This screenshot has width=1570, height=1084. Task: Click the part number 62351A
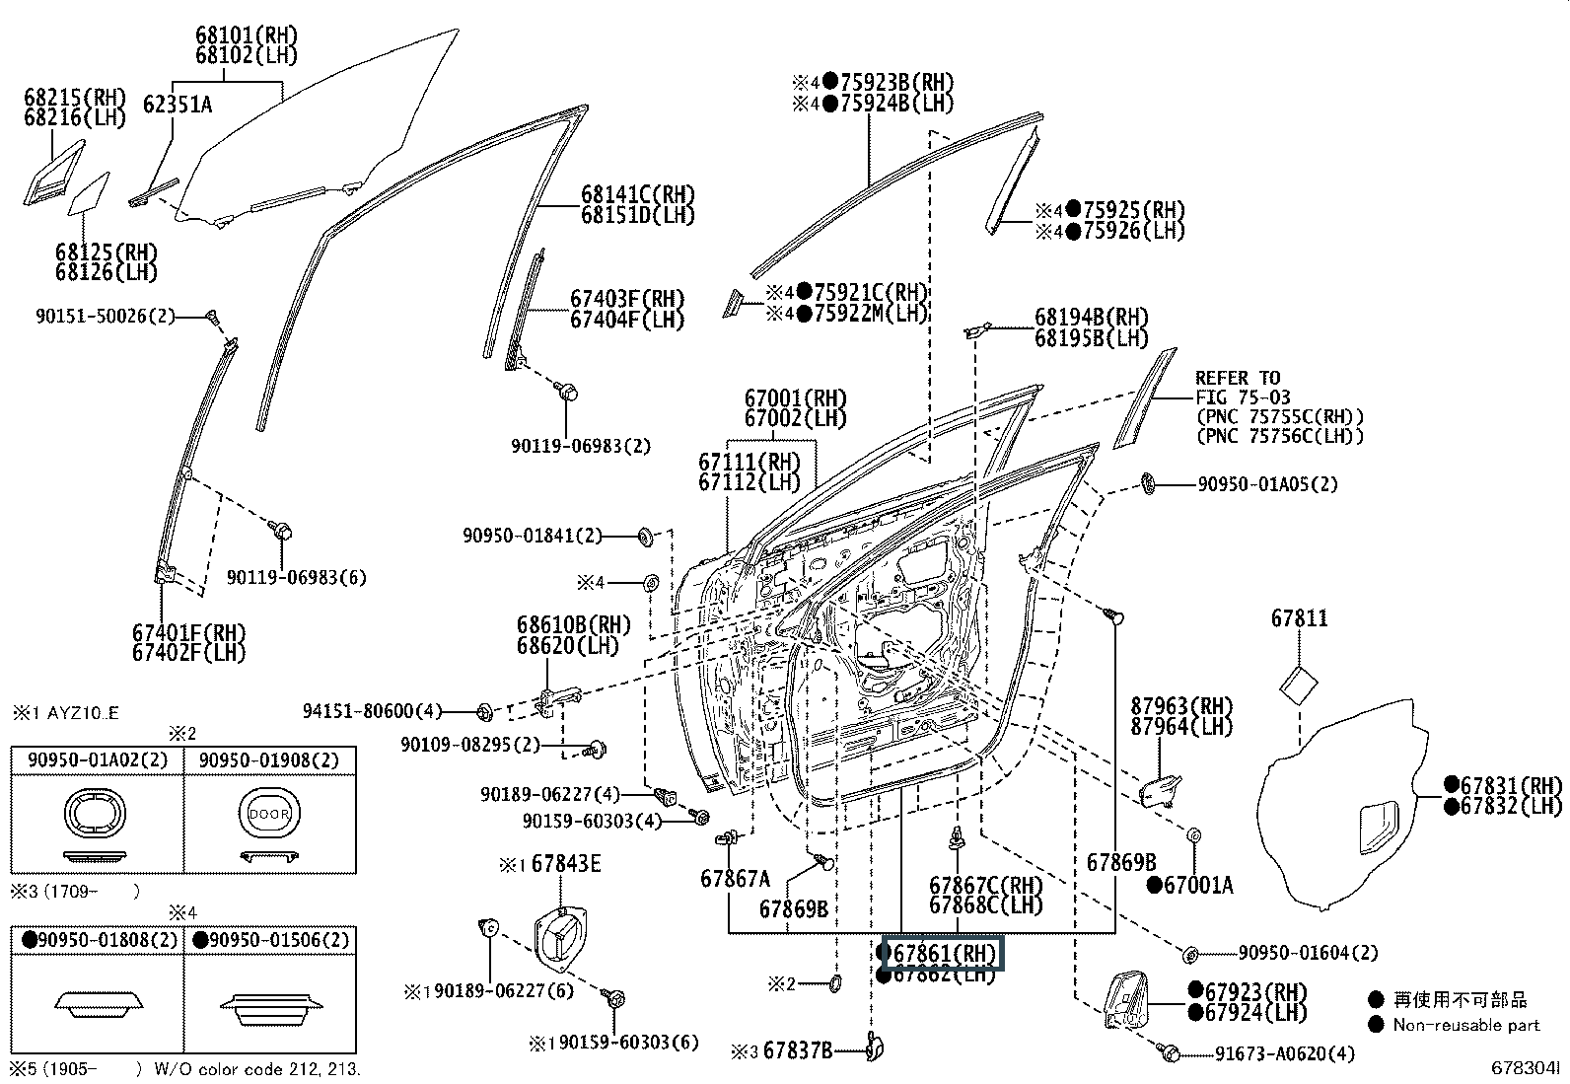[x=178, y=104]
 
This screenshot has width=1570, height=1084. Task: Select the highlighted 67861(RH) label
[x=945, y=954]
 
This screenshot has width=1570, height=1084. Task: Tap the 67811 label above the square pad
[x=1299, y=618]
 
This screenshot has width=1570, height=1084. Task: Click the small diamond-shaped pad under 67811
[x=1299, y=685]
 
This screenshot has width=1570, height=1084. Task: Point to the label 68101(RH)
[x=246, y=35]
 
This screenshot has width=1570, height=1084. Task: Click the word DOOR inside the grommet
[x=269, y=815]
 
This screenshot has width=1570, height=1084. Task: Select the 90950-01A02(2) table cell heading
[x=98, y=760]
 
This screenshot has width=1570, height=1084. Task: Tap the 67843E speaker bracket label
[x=566, y=864]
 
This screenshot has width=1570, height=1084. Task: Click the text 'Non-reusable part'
[x=1465, y=1025]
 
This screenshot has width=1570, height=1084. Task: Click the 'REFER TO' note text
[x=1238, y=378]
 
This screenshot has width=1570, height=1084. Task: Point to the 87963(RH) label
[x=1181, y=706]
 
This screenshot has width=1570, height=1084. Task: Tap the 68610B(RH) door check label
[x=573, y=624]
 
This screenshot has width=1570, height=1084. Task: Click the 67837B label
[x=798, y=1051]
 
